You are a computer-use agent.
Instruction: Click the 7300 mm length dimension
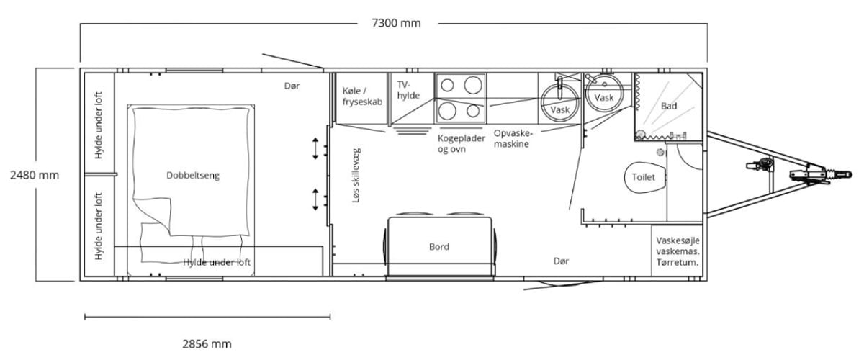click(x=396, y=23)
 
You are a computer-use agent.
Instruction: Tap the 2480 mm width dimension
click(x=35, y=175)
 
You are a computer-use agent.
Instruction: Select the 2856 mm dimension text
click(x=207, y=343)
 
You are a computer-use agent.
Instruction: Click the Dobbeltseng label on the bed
click(x=193, y=176)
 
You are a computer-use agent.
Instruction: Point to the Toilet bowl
click(x=645, y=178)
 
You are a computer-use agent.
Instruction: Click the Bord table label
click(x=439, y=246)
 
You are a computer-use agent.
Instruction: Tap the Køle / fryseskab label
click(x=362, y=96)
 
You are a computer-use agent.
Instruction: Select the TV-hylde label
click(x=408, y=90)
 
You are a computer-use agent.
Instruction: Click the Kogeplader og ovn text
click(x=461, y=143)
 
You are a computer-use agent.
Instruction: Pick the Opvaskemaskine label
click(x=513, y=138)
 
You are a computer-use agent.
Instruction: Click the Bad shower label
click(x=669, y=106)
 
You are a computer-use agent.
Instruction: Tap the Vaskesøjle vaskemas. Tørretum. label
click(x=678, y=251)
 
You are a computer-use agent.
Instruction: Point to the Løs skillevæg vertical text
click(x=356, y=175)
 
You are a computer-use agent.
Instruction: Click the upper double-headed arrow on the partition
click(x=315, y=148)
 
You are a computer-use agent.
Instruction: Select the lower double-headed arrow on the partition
click(x=315, y=199)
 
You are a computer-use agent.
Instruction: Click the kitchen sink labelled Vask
click(x=560, y=102)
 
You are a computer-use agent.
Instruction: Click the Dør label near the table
click(x=561, y=261)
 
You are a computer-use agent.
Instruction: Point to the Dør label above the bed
click(x=292, y=86)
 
